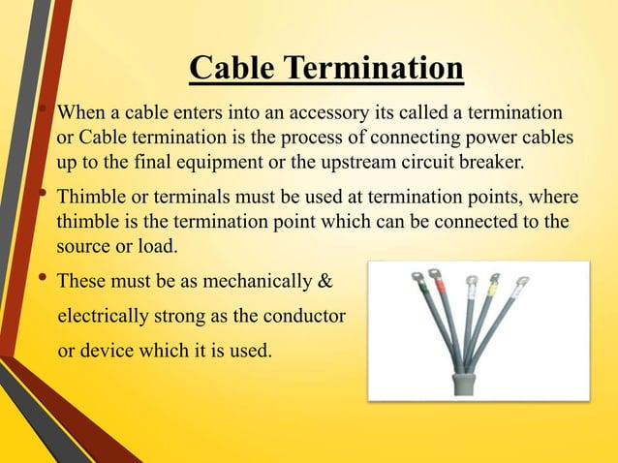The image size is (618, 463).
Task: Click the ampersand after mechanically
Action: [x=324, y=284]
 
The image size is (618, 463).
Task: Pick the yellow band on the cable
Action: [x=492, y=289]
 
